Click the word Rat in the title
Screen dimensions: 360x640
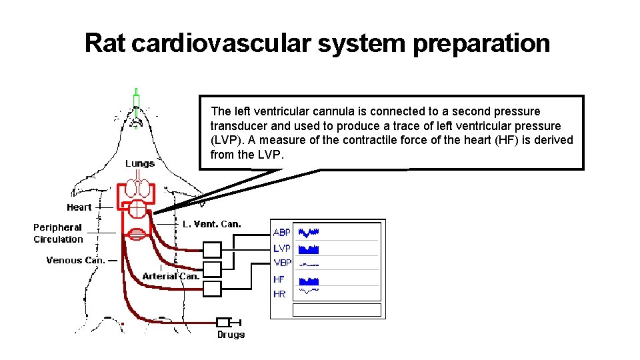pyautogui.click(x=105, y=43)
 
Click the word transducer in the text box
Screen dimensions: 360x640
pyautogui.click(x=238, y=126)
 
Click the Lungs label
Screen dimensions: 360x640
pyautogui.click(x=140, y=163)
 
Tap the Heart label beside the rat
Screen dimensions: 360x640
pyautogui.click(x=79, y=207)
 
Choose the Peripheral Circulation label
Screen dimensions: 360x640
pyautogui.click(x=58, y=233)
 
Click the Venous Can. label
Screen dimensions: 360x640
pyautogui.click(x=75, y=260)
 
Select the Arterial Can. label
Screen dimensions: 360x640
pyautogui.click(x=171, y=276)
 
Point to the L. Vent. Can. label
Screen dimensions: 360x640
pyautogui.click(x=211, y=224)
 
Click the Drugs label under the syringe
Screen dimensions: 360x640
pyautogui.click(x=231, y=335)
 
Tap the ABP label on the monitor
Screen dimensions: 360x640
pyautogui.click(x=282, y=233)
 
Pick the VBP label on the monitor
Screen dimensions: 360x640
pyautogui.click(x=282, y=263)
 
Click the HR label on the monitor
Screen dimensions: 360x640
pyautogui.click(x=279, y=293)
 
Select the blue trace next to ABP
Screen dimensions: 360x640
pyautogui.click(x=309, y=233)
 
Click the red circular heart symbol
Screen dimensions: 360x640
pyautogui.click(x=137, y=209)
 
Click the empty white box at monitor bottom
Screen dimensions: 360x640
pyautogui.click(x=337, y=310)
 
